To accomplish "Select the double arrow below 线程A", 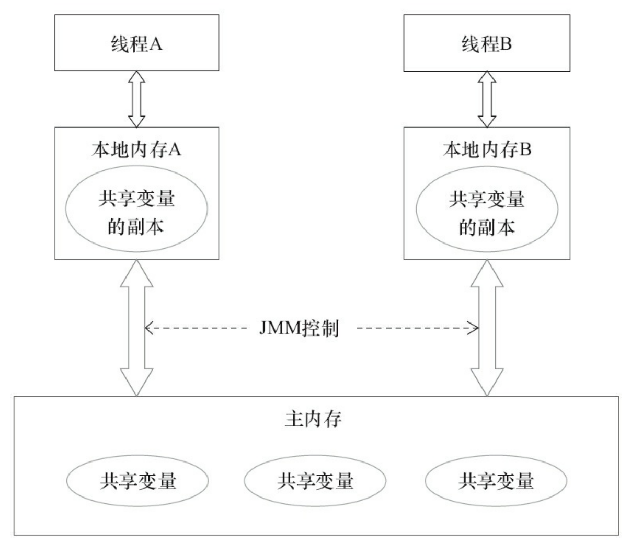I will (x=136, y=99).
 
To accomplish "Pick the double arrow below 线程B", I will (x=487, y=99).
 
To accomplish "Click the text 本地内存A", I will (x=136, y=150).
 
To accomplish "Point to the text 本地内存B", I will (x=487, y=150).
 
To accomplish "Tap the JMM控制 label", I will (x=299, y=328).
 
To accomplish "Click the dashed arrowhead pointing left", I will (x=148, y=328).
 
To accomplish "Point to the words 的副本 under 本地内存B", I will (x=486, y=227).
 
